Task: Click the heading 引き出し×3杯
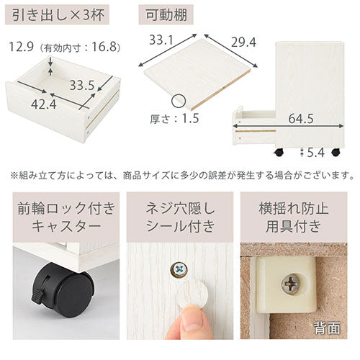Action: pyautogui.click(x=58, y=15)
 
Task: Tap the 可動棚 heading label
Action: pyautogui.click(x=166, y=15)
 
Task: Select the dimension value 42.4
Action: pyautogui.click(x=44, y=104)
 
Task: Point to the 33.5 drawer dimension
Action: pyautogui.click(x=82, y=85)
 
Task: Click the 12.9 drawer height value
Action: pyautogui.click(x=21, y=47)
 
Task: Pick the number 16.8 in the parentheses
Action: pyautogui.click(x=104, y=47)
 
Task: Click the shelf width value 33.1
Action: pyautogui.click(x=161, y=40)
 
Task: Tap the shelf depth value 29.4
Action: pyautogui.click(x=243, y=42)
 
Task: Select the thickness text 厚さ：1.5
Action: pyautogui.click(x=174, y=119)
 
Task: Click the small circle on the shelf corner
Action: pyautogui.click(x=179, y=102)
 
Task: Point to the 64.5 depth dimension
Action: pyautogui.click(x=301, y=119)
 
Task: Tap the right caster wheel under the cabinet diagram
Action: pyautogui.click(x=336, y=152)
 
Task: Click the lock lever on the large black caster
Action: pyautogui.click(x=37, y=296)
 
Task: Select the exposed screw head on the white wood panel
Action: pyautogui.click(x=179, y=270)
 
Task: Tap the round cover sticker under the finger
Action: pyautogui.click(x=192, y=296)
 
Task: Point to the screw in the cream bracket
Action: pyautogui.click(x=290, y=284)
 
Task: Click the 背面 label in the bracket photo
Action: pyautogui.click(x=327, y=328)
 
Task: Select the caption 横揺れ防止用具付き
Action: pyautogui.click(x=294, y=217)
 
